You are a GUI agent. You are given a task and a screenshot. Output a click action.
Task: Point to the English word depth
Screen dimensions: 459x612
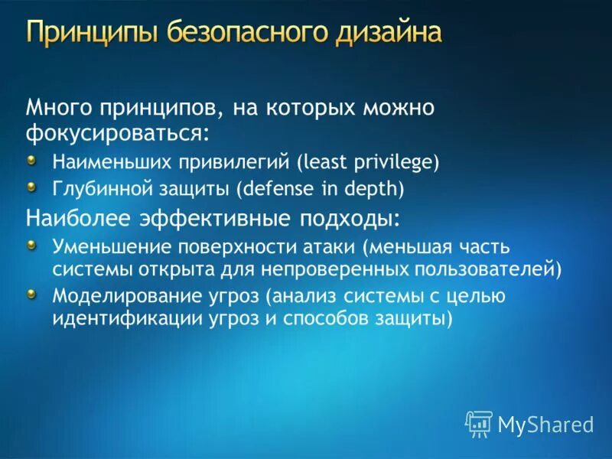click(x=374, y=187)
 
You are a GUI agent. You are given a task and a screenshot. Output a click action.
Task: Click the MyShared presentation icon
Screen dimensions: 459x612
click(x=479, y=423)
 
